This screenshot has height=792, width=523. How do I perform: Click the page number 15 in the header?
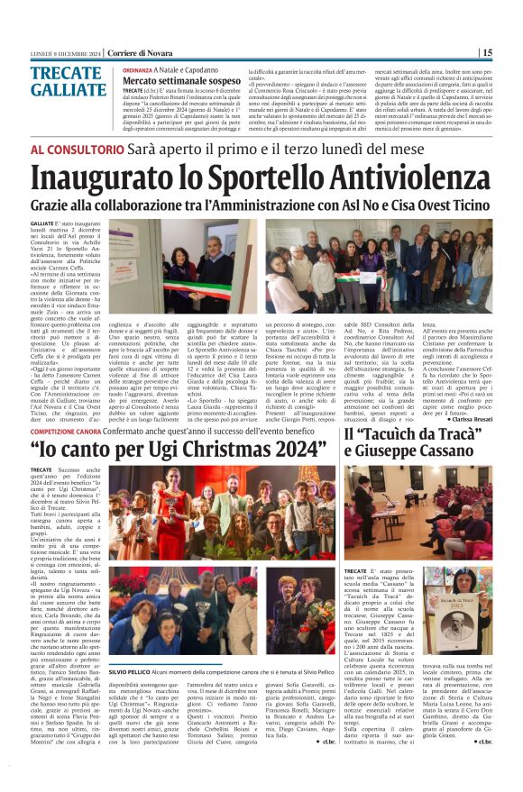511,52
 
